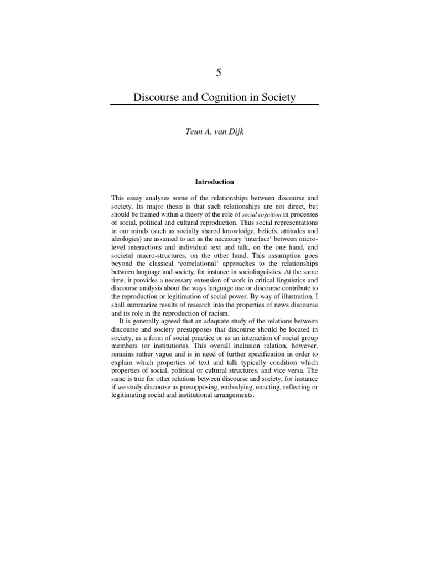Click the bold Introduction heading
tap(215, 182)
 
